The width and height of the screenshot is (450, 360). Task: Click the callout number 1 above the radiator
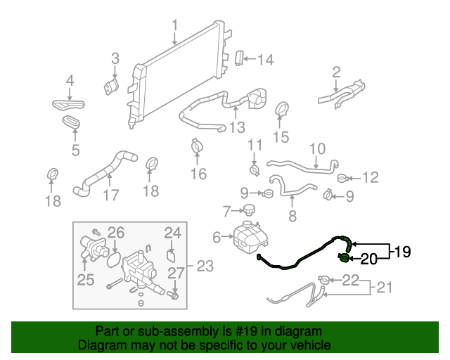click(174, 27)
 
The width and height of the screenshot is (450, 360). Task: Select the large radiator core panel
click(179, 77)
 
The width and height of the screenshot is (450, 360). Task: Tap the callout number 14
click(264, 60)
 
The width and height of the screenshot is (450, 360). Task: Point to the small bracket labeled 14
click(239, 58)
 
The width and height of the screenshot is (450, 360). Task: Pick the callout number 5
click(75, 149)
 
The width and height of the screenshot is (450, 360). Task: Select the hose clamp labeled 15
click(281, 110)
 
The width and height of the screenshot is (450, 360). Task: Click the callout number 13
click(237, 127)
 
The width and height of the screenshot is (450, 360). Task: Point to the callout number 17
click(110, 195)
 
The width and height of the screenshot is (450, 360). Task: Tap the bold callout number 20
click(369, 258)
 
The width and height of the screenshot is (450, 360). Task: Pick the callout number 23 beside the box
click(205, 266)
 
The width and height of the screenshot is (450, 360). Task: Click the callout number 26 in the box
click(115, 232)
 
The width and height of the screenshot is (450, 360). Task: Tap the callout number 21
click(384, 287)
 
